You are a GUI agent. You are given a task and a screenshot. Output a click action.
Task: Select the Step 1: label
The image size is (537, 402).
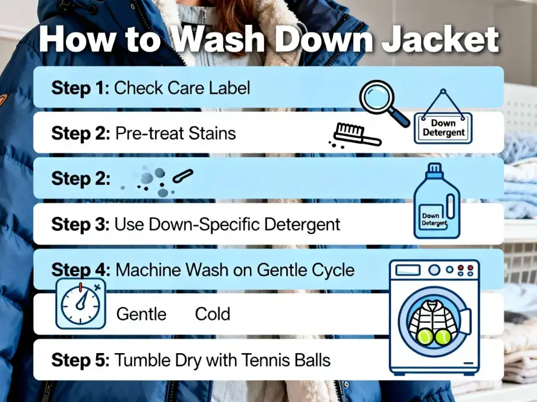click(x=80, y=88)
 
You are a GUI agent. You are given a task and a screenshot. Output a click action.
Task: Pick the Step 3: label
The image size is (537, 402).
click(x=80, y=224)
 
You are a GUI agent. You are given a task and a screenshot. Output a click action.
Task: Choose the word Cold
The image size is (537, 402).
click(x=212, y=314)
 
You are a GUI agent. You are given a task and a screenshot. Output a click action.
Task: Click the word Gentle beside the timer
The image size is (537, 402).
click(x=141, y=314)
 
